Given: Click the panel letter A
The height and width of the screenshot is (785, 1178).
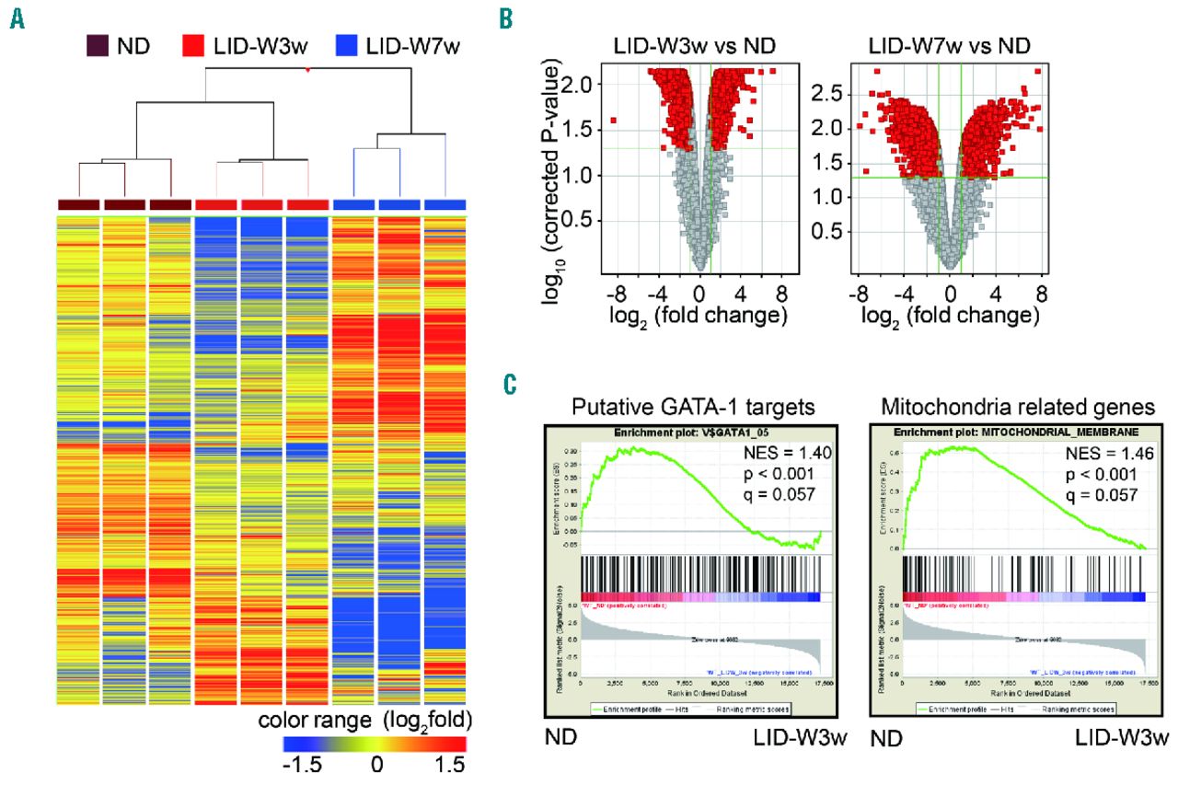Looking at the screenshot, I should point(17,18).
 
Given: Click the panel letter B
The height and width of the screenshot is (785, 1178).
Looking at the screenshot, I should point(503,17).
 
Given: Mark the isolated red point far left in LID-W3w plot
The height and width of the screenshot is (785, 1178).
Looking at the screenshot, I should point(613,120).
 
